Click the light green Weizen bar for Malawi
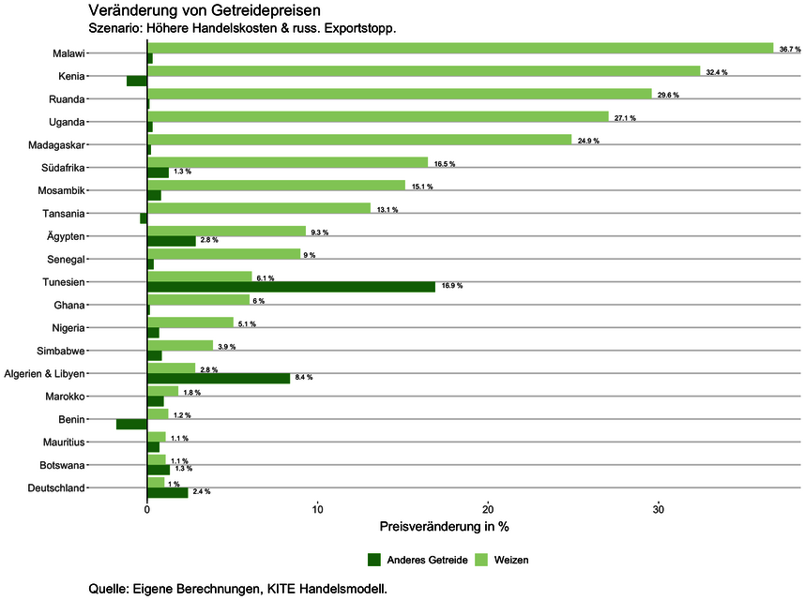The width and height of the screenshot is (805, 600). point(460,48)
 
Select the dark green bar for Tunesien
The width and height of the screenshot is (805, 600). point(291,287)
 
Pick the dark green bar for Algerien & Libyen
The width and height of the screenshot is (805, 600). point(219,378)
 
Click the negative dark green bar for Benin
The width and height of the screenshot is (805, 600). point(131,424)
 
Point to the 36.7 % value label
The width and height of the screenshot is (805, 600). point(790,49)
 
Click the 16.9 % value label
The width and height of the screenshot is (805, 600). point(452,286)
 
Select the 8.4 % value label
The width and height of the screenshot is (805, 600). point(303,378)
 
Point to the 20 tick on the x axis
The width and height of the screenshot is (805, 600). point(488,511)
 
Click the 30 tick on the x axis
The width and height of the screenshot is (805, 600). point(659,511)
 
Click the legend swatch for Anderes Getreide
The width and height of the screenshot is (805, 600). point(374,560)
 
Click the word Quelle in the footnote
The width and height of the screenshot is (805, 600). point(110,589)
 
